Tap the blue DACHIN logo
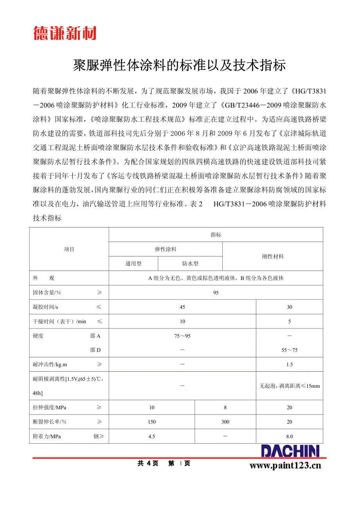290,451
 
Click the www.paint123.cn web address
285,465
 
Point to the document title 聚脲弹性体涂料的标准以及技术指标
180,65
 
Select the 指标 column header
216,235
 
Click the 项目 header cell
69,249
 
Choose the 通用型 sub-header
133,264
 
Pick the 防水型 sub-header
190,264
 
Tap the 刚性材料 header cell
273,256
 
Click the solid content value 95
216,293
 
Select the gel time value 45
182,307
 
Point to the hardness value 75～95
182,336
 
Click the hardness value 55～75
290,350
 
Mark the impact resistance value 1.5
290,365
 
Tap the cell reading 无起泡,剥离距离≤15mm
290,386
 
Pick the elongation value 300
225,422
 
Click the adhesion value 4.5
152,436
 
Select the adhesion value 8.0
290,436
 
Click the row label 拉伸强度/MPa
50,407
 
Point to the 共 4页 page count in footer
148,464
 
